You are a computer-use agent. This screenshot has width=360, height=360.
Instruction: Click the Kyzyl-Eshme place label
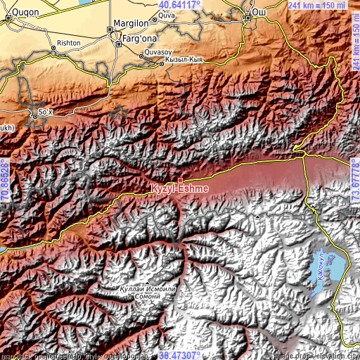[x=178, y=188]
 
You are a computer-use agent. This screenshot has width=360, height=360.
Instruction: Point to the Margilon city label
[x=131, y=21]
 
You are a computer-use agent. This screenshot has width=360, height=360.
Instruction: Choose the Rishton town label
[x=68, y=43]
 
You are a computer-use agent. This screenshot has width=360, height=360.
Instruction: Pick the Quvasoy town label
[x=158, y=52]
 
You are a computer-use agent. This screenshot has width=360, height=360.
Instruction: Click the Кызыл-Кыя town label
[x=184, y=61]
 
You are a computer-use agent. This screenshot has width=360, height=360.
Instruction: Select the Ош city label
[x=260, y=12]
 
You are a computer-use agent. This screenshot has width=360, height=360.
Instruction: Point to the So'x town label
[x=46, y=112]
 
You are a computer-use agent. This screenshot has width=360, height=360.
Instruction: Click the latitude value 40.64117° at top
[x=179, y=4]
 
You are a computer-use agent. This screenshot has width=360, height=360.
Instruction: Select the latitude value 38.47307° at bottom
[x=179, y=355]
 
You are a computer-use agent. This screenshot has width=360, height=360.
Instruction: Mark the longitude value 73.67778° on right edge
[x=355, y=179]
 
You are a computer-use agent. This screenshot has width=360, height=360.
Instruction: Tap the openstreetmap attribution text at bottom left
[x=56, y=355]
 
